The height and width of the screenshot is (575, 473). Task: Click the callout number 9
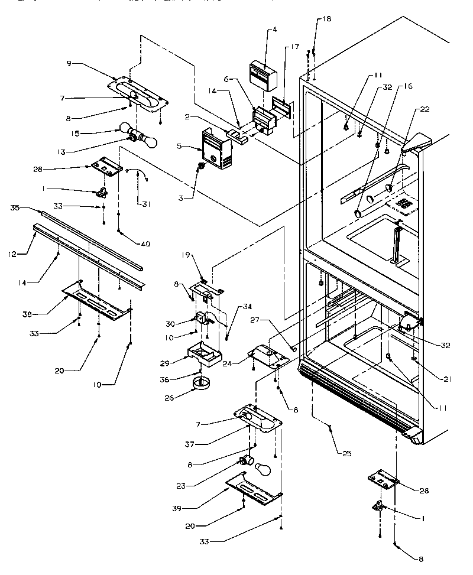(x=69, y=63)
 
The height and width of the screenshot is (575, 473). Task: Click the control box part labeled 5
(x=215, y=150)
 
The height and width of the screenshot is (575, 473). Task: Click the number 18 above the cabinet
(x=327, y=19)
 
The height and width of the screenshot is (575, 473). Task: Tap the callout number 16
(x=407, y=86)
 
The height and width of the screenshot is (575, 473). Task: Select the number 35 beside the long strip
(x=15, y=208)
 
